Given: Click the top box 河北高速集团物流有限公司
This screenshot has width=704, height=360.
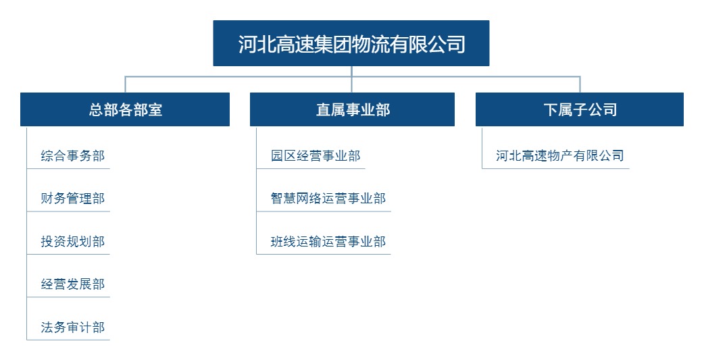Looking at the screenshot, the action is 351,43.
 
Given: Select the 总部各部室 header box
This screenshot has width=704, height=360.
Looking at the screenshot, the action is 125,109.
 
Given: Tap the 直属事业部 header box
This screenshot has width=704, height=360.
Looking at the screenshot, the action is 353,109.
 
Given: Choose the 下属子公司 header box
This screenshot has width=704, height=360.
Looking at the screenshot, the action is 580,109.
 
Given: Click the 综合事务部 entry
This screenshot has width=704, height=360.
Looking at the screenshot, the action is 73,156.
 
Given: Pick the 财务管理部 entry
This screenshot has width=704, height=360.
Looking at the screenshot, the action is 73,198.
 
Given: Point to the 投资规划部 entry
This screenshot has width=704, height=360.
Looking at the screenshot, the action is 73,241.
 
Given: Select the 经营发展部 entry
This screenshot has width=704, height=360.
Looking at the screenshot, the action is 73,284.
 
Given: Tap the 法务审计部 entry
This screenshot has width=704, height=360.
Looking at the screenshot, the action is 73,327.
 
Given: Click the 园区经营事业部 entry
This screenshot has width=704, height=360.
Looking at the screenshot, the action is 316,156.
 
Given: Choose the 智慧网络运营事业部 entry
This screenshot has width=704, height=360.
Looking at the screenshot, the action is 328,198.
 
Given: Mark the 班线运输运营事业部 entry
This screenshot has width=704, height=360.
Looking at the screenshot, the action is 328,241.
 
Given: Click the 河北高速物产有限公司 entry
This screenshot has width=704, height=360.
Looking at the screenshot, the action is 560,156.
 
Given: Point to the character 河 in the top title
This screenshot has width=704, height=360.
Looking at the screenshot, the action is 247,44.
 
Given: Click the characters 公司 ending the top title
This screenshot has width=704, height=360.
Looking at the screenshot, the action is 447,44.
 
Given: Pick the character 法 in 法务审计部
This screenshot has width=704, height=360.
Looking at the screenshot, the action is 47,327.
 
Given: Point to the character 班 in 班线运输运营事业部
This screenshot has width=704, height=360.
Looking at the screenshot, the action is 277,241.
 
